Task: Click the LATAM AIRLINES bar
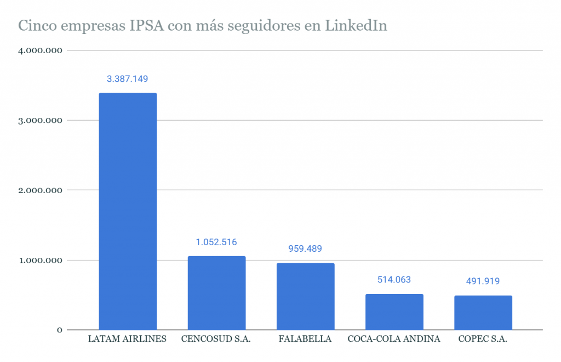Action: (128, 211)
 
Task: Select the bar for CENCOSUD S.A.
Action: (216, 293)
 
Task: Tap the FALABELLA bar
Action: (305, 296)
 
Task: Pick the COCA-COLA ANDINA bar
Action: (394, 312)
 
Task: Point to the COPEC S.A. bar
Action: (483, 313)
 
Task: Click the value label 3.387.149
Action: (128, 79)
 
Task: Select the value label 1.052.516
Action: (216, 242)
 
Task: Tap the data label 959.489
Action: (305, 249)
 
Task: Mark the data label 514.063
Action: (394, 280)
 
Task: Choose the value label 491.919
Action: (483, 281)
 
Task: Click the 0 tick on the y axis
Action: (59, 330)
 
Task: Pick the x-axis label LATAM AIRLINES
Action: (127, 339)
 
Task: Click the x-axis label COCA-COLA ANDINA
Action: (394, 339)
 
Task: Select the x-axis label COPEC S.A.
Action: (483, 339)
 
